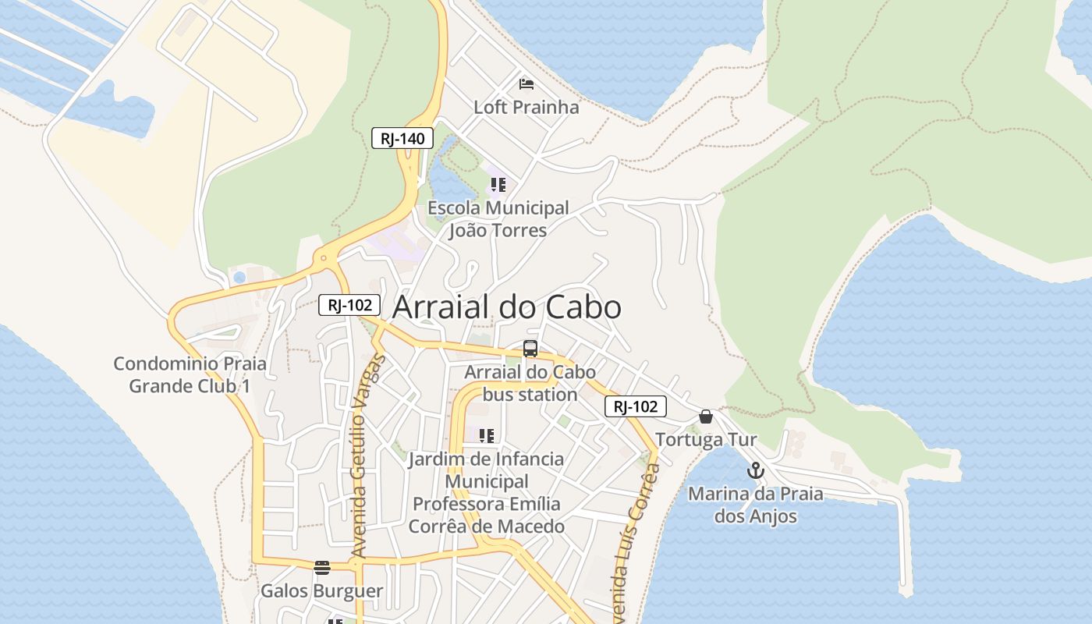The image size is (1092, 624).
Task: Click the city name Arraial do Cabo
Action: click(x=506, y=307)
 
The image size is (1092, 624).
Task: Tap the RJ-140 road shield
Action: click(x=402, y=139)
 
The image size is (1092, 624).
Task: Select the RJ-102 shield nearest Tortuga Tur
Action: click(x=635, y=406)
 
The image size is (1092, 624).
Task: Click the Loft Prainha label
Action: click(x=526, y=107)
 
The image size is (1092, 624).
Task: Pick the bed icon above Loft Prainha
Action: click(x=526, y=83)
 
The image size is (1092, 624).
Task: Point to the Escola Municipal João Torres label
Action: click(x=498, y=219)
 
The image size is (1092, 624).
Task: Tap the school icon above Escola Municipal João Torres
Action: click(x=498, y=185)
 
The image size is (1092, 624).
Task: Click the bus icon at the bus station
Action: click(x=530, y=348)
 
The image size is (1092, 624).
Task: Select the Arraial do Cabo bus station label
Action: click(x=530, y=383)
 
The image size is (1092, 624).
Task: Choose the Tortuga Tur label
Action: click(x=706, y=440)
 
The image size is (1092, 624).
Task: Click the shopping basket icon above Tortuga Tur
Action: click(x=706, y=417)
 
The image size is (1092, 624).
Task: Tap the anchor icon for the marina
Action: click(x=755, y=470)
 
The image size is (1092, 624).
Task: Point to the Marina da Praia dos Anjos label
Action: click(x=755, y=505)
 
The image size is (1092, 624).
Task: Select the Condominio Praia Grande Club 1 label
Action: click(x=190, y=374)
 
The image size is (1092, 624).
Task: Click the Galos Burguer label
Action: click(x=321, y=590)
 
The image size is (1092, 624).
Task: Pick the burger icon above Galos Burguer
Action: click(x=321, y=567)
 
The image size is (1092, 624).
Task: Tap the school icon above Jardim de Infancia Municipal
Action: click(x=487, y=435)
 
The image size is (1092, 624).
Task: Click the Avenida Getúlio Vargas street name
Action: click(x=358, y=456)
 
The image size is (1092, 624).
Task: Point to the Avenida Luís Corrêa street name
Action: click(x=635, y=538)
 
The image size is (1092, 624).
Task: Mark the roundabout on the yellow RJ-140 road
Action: click(x=323, y=257)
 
